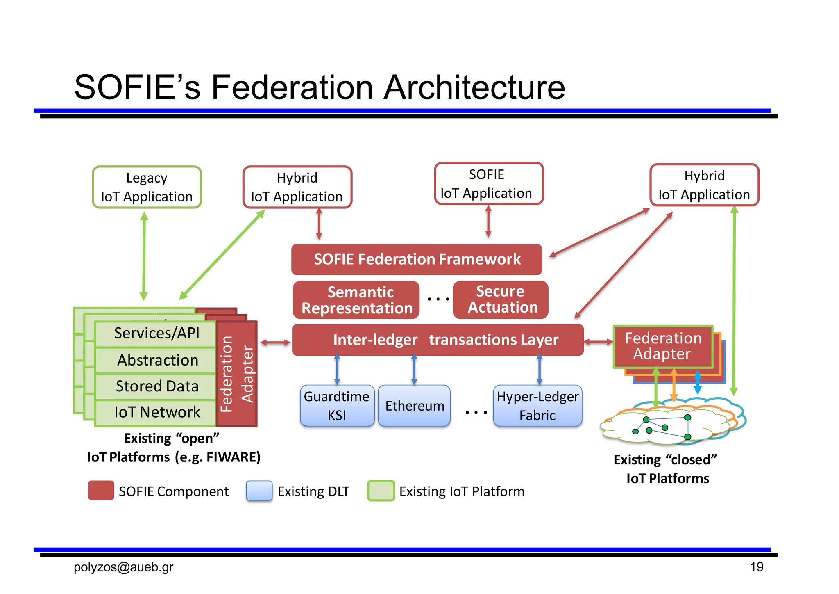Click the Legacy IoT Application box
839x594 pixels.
147,187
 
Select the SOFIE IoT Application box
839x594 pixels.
488,184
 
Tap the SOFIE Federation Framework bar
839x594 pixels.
416,259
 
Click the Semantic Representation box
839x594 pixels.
356,300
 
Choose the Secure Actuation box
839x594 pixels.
500,299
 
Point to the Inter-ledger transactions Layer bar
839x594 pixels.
437,340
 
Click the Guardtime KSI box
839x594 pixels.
337,405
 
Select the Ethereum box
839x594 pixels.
414,405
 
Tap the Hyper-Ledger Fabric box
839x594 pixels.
537,405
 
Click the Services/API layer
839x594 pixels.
156,334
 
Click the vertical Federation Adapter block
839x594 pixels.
237,374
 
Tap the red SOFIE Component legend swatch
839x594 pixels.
101,491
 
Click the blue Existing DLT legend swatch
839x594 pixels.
259,491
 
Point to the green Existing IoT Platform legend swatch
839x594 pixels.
381,491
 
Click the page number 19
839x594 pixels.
756,567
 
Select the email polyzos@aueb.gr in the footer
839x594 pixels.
123,567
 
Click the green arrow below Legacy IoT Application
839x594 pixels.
144,256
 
